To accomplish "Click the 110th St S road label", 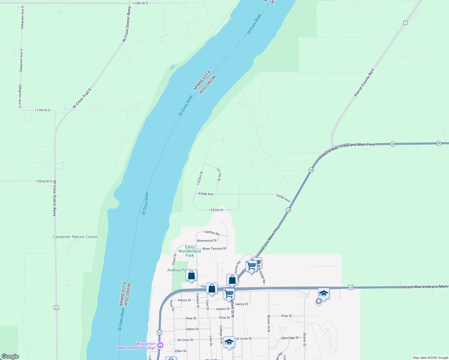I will tap(140, 3).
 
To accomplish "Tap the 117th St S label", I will tap(42, 110).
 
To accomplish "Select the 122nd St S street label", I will tap(44, 181).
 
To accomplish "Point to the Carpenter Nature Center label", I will tap(75, 237).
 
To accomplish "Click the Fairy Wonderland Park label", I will tap(189, 251).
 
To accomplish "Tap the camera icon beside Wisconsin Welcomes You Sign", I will tap(160, 345).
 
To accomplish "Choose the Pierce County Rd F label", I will tap(364, 83).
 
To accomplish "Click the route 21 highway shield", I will tap(56, 308).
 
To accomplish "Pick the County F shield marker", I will tap(405, 23).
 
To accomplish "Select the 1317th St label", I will tap(219, 174).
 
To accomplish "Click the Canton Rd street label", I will tap(212, 232).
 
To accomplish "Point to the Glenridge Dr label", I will tap(290, 338).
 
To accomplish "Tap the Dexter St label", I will tap(304, 340).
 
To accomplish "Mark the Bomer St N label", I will tap(269, 323).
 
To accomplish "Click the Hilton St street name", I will tap(192, 329).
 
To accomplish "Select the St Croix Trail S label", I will tap(82, 98).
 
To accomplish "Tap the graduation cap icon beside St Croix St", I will tap(229, 342).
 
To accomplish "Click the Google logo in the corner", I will tap(10, 356).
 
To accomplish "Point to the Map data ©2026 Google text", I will tap(430, 358).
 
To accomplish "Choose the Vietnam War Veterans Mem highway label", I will tap(423, 287).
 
